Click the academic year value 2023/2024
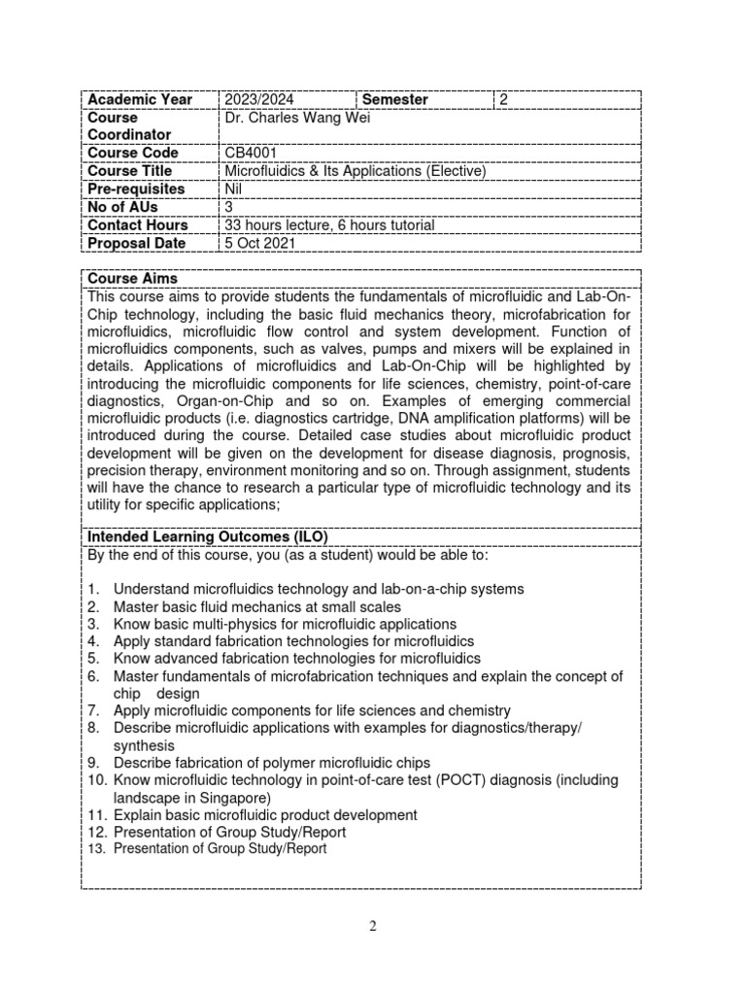[x=257, y=99]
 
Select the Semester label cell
[x=394, y=99]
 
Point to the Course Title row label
[x=129, y=171]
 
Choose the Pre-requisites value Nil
[x=232, y=189]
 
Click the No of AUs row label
[x=123, y=207]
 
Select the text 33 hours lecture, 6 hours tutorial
[x=329, y=225]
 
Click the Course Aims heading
[x=132, y=279]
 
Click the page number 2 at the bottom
[x=372, y=926]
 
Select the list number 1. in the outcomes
[x=93, y=589]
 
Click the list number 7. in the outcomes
[x=93, y=711]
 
